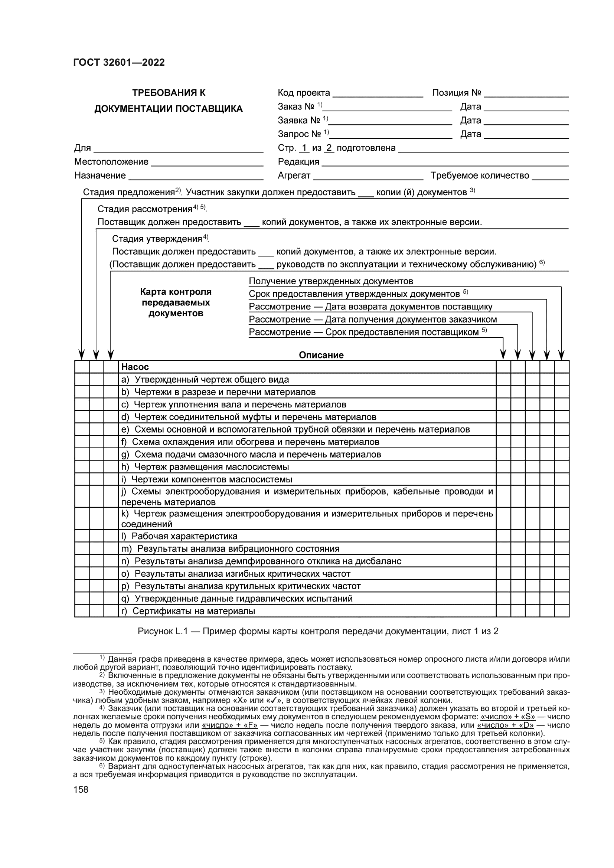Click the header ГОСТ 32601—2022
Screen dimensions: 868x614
coord(119,62)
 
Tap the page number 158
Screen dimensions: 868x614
coord(81,789)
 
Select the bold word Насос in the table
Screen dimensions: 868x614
coord(135,367)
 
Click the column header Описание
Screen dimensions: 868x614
coord(321,355)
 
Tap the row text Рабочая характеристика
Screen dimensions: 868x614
coord(184,536)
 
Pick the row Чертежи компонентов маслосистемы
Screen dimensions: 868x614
coord(211,479)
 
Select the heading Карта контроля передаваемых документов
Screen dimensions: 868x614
coord(176,302)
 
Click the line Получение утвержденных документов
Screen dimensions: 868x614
coord(331,281)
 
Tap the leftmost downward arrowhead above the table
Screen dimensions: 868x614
coord(81,355)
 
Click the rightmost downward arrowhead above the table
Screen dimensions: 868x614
coord(561,355)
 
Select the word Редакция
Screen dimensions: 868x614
coord(298,162)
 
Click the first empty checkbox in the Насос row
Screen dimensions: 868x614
coord(82,367)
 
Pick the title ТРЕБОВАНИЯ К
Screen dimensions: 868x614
coord(169,93)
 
